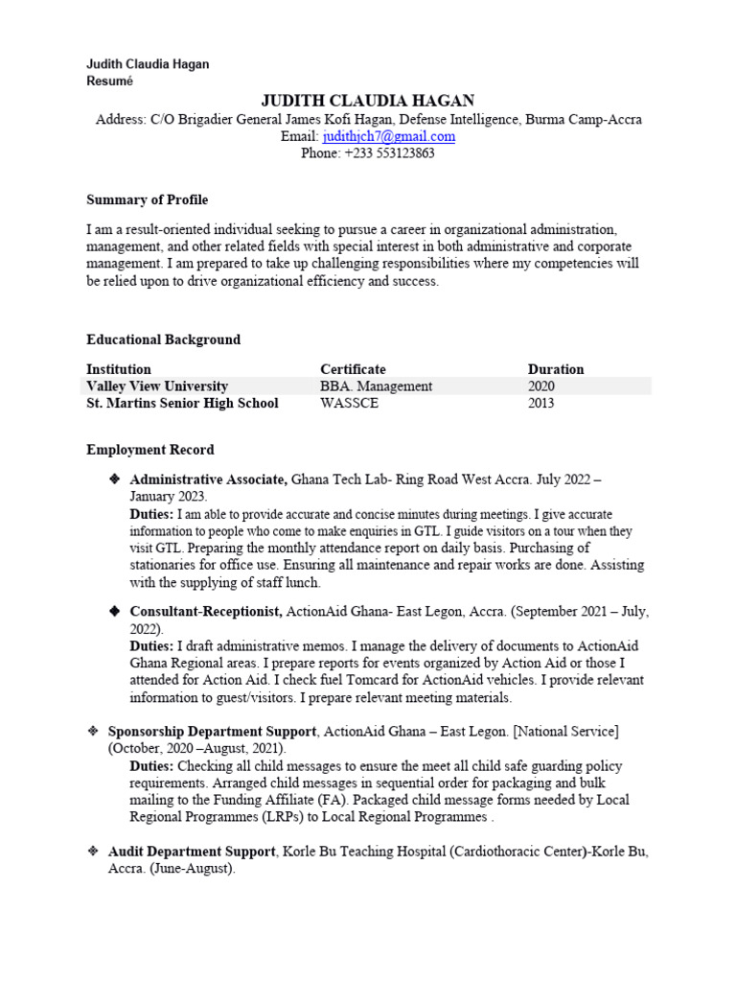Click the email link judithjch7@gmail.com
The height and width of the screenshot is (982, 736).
(x=388, y=137)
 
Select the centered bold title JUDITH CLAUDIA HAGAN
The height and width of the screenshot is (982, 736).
(x=368, y=102)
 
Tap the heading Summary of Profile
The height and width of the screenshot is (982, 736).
(x=147, y=200)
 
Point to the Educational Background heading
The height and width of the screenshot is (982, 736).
(x=163, y=340)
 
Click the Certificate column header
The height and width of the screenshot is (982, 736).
(x=353, y=369)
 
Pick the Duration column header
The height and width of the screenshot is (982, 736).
(x=555, y=369)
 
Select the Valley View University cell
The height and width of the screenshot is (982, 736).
(x=157, y=386)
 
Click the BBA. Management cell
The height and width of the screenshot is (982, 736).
(x=376, y=386)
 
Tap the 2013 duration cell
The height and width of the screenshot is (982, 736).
(x=541, y=404)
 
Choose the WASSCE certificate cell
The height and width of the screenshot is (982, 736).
(x=349, y=404)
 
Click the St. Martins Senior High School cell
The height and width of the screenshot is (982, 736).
(x=182, y=404)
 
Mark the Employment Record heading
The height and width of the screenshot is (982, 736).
(x=150, y=450)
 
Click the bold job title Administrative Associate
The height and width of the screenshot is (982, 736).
(x=208, y=479)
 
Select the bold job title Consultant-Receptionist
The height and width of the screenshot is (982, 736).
(x=205, y=612)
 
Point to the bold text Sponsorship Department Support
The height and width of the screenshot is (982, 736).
(x=213, y=732)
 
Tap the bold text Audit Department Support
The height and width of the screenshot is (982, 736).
(x=192, y=852)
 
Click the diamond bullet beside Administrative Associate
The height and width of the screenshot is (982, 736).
(x=114, y=479)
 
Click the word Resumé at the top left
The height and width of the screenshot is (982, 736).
(x=110, y=81)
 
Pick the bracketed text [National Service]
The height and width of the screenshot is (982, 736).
(x=566, y=732)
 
